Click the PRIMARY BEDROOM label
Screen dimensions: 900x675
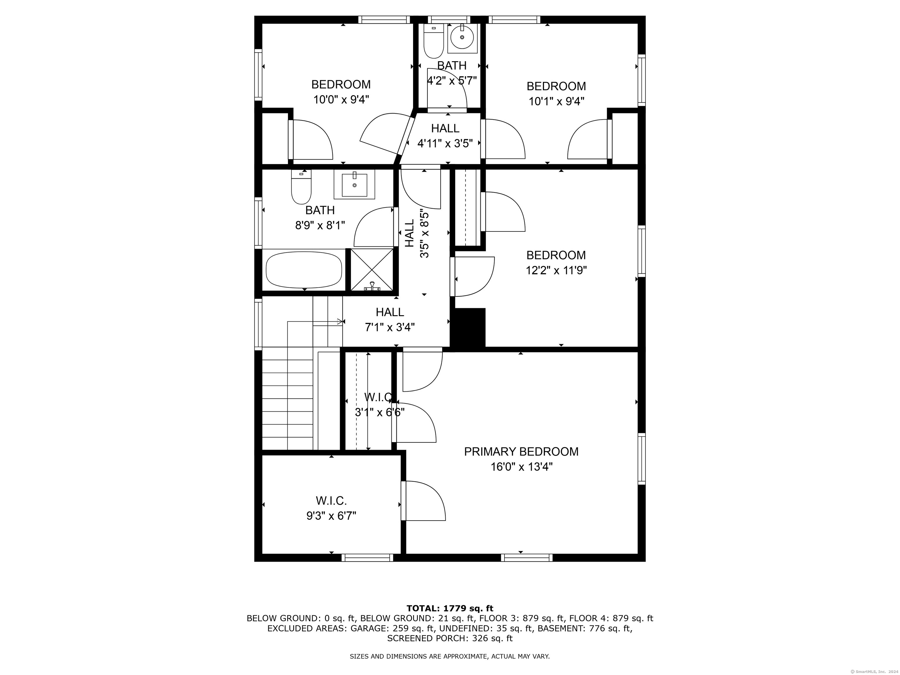tap(521, 452)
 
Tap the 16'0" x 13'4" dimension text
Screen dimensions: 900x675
tap(521, 467)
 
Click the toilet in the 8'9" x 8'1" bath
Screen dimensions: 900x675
tap(301, 187)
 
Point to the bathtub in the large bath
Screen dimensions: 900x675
tap(304, 270)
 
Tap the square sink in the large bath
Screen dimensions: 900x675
tap(354, 184)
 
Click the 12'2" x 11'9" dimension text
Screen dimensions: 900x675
tap(556, 270)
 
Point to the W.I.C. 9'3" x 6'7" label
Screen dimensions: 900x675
tap(331, 508)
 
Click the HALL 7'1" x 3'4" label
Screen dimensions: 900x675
tap(390, 319)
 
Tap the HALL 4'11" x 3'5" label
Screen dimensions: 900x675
tap(445, 135)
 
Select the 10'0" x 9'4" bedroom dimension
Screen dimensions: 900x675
tap(341, 100)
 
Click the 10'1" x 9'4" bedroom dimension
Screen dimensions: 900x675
tap(556, 101)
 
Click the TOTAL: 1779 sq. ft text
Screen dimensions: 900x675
tap(450, 608)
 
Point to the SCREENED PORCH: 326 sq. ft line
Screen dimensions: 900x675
tap(450, 638)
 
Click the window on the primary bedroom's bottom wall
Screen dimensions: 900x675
tap(527, 558)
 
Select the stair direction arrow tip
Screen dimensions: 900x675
tap(342, 321)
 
